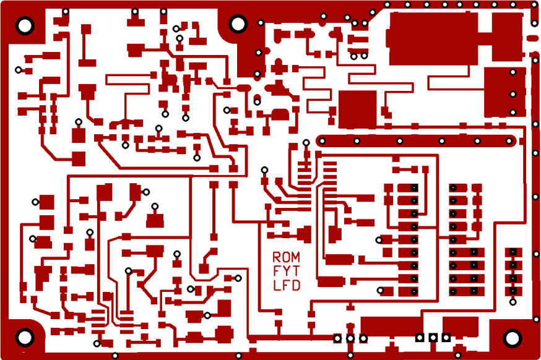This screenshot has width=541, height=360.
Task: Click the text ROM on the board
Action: [286, 257]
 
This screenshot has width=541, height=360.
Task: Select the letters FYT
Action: [286, 271]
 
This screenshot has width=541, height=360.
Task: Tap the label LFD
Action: [287, 285]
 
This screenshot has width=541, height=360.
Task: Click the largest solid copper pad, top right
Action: [432, 38]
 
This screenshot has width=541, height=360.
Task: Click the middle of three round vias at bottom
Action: [350, 338]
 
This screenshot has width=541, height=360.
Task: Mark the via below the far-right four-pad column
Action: [513, 302]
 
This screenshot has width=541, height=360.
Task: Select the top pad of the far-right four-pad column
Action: [512, 252]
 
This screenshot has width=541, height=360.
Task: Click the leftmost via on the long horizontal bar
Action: [322, 141]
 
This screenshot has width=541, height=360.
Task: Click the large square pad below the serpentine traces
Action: [357, 109]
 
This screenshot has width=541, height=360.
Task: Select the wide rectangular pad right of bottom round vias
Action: [390, 326]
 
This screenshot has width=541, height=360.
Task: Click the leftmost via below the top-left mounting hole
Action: [19, 69]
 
